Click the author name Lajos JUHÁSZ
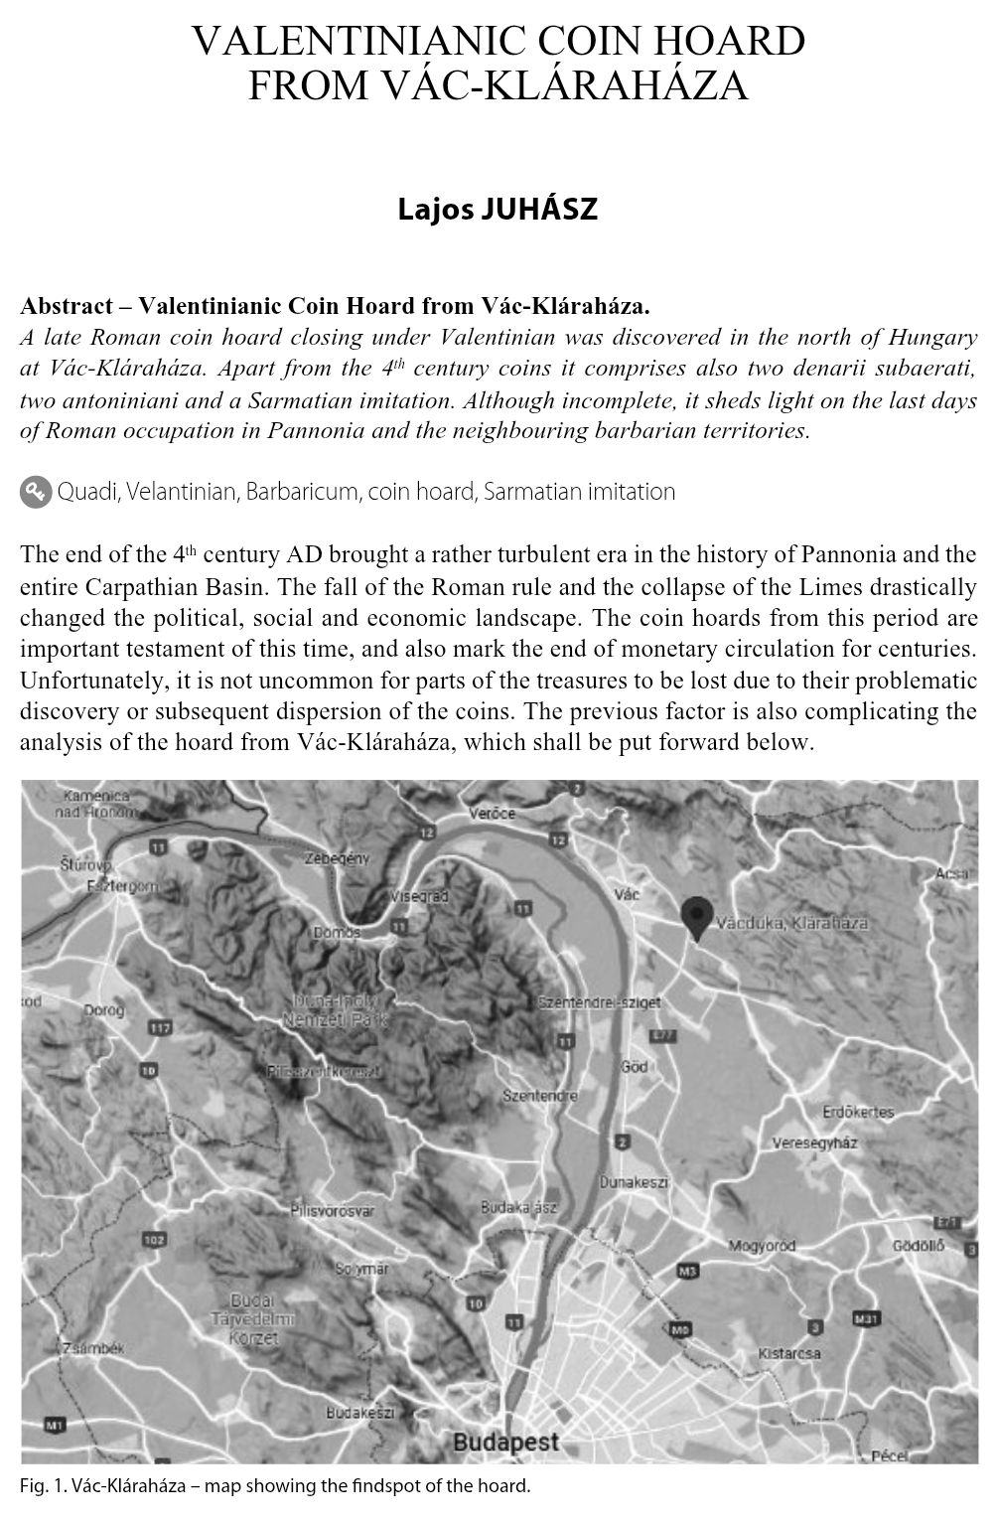(x=498, y=211)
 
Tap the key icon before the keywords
(x=36, y=492)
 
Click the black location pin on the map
(x=698, y=917)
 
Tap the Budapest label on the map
(x=505, y=1443)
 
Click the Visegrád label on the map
(x=420, y=896)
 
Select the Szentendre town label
(x=540, y=1097)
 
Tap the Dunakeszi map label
(x=634, y=1183)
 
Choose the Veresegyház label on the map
(x=814, y=1143)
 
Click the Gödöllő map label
(x=919, y=1246)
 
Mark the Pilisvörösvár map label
(x=333, y=1211)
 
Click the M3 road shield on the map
(x=687, y=1271)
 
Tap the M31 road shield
(x=866, y=1319)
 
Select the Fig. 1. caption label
(x=45, y=1486)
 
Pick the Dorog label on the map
(x=103, y=1011)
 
